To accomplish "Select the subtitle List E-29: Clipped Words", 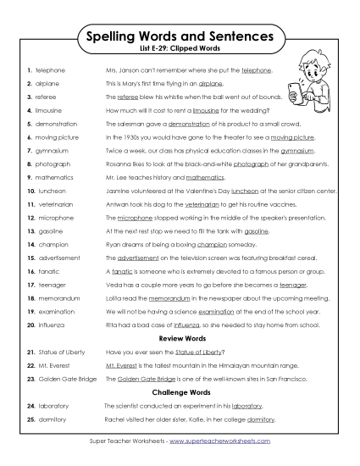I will [x=180, y=51].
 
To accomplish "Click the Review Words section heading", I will [x=180, y=338].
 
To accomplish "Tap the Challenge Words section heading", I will [x=180, y=393].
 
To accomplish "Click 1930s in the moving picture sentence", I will [x=124, y=138].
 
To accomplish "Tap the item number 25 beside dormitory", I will [x=29, y=419].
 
